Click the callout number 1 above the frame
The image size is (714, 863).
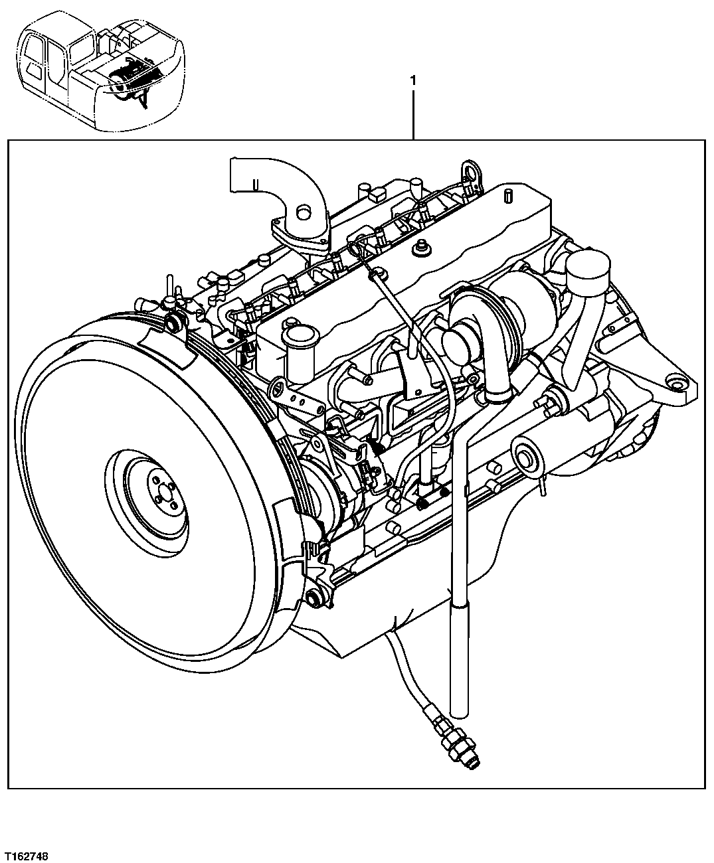point(413,80)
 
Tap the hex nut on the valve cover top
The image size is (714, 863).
point(419,250)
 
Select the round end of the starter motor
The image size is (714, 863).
point(529,458)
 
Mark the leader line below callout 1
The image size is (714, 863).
point(413,113)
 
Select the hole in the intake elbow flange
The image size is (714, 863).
point(304,213)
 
